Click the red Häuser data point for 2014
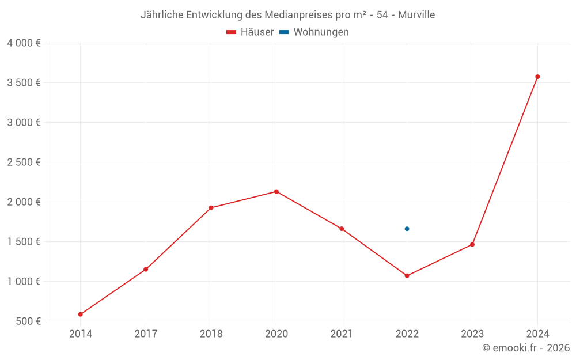(x=81, y=314)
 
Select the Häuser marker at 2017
(x=146, y=270)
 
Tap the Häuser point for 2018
(x=211, y=208)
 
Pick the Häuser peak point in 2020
(x=276, y=192)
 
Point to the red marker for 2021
(x=342, y=229)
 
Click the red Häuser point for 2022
(x=407, y=276)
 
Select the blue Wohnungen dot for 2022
(x=407, y=229)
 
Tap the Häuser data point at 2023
(x=472, y=245)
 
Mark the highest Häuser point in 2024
(x=537, y=77)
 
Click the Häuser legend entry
(x=251, y=32)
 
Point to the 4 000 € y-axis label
(x=24, y=43)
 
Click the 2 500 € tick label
(x=24, y=162)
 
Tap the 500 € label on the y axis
(x=27, y=321)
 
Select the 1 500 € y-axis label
(x=24, y=242)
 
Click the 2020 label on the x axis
(x=276, y=334)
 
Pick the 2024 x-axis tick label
(x=537, y=334)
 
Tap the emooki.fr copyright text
(x=526, y=348)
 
